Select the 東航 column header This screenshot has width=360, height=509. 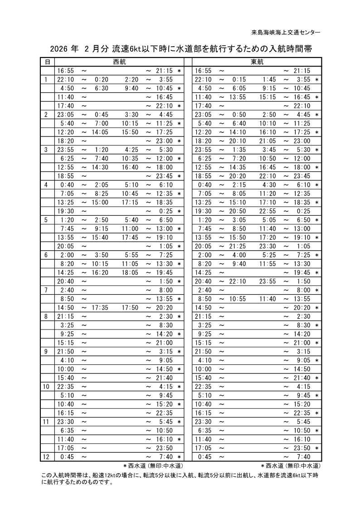tap(257, 62)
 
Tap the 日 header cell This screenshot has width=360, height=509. tap(47, 62)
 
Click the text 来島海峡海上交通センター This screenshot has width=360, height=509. tap(286, 32)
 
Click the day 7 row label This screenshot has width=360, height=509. tap(46, 290)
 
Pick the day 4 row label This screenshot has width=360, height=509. tap(46, 184)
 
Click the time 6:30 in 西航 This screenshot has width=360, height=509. tap(101, 88)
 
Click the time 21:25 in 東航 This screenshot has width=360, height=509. tap(238, 246)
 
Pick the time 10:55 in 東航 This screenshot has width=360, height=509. tap(238, 299)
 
